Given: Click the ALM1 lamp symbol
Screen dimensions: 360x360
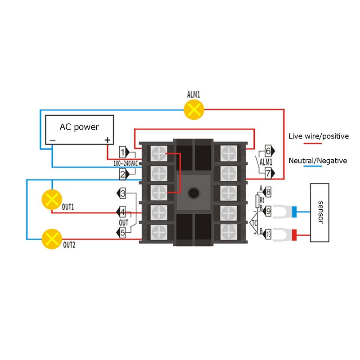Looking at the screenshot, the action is [x=194, y=109].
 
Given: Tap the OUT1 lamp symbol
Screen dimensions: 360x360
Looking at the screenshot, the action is [x=52, y=199].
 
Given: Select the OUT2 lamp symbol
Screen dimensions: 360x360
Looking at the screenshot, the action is [x=52, y=239].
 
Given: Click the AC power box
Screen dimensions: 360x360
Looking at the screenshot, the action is [x=80, y=130].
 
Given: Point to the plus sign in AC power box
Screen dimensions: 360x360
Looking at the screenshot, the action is [x=108, y=140].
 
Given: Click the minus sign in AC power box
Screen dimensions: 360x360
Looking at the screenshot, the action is [x=53, y=140].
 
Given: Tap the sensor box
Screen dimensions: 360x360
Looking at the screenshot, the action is [x=319, y=212].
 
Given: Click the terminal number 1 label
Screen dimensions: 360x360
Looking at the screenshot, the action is [x=122, y=152].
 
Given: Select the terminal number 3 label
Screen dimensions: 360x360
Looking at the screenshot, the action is [x=123, y=193].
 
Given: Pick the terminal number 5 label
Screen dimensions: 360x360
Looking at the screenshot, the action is [x=122, y=233].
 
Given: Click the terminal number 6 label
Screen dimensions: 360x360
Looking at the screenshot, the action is [x=268, y=151].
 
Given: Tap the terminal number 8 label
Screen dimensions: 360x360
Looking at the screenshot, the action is [x=268, y=192].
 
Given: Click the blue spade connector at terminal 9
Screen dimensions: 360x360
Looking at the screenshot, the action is [x=285, y=211].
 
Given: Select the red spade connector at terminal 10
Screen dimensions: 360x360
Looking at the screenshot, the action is [x=285, y=235].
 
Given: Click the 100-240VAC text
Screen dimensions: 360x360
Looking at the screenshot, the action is [x=126, y=163].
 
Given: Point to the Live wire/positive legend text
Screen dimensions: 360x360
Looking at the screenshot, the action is [x=319, y=136].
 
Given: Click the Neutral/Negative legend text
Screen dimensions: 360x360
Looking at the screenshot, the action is [x=318, y=161].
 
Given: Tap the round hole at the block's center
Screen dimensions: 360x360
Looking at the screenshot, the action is [x=193, y=193].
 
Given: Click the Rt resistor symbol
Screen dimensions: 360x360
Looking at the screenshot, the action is [x=257, y=201].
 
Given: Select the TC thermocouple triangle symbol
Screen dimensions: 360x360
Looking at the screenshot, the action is [x=254, y=222].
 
